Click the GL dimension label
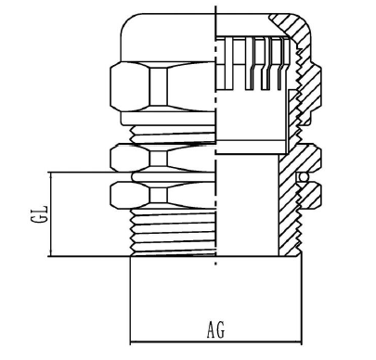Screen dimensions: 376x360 point(39,213)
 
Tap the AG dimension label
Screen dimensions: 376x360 point(215,329)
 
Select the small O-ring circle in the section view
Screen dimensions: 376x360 point(304,176)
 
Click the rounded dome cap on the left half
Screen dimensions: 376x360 point(168,37)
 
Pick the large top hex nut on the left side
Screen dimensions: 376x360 point(162,86)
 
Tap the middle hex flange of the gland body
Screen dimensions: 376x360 point(162,158)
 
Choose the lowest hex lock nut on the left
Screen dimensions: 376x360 point(162,196)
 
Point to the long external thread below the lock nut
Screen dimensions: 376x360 point(173,232)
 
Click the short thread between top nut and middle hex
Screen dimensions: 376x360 point(173,135)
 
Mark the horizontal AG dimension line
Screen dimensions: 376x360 point(215,342)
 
